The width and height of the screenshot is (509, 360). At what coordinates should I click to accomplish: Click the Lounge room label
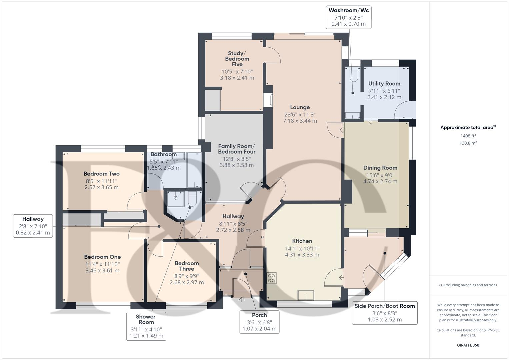tap(300, 107)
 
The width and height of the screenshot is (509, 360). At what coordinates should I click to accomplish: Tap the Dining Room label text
tap(380, 168)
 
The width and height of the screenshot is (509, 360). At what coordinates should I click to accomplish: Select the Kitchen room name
tap(302, 241)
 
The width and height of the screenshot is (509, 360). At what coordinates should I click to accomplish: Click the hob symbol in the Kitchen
tap(272, 278)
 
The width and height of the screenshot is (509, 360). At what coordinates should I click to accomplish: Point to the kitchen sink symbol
tap(306, 296)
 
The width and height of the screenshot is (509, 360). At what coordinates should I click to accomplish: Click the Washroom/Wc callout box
tap(348, 17)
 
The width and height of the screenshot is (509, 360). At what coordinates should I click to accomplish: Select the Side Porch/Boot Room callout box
tap(385, 313)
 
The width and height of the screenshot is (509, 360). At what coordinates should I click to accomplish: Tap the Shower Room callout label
tap(146, 326)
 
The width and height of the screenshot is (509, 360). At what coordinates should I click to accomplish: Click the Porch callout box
tap(259, 322)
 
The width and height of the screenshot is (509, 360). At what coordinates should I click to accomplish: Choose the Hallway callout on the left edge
tap(33, 226)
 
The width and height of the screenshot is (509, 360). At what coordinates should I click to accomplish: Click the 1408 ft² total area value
tap(468, 136)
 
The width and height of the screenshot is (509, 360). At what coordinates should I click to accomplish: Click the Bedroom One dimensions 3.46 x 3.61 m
tap(102, 271)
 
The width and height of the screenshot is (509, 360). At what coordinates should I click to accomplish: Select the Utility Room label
tap(384, 84)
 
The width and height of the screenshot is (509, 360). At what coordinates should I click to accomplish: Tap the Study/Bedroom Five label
tap(237, 59)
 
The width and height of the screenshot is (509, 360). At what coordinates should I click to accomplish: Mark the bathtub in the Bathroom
tap(194, 170)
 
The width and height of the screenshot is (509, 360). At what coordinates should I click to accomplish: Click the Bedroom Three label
tap(187, 266)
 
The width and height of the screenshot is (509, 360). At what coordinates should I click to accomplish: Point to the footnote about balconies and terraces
tap(468, 285)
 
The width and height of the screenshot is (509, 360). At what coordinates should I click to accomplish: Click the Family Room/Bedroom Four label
tap(236, 149)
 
